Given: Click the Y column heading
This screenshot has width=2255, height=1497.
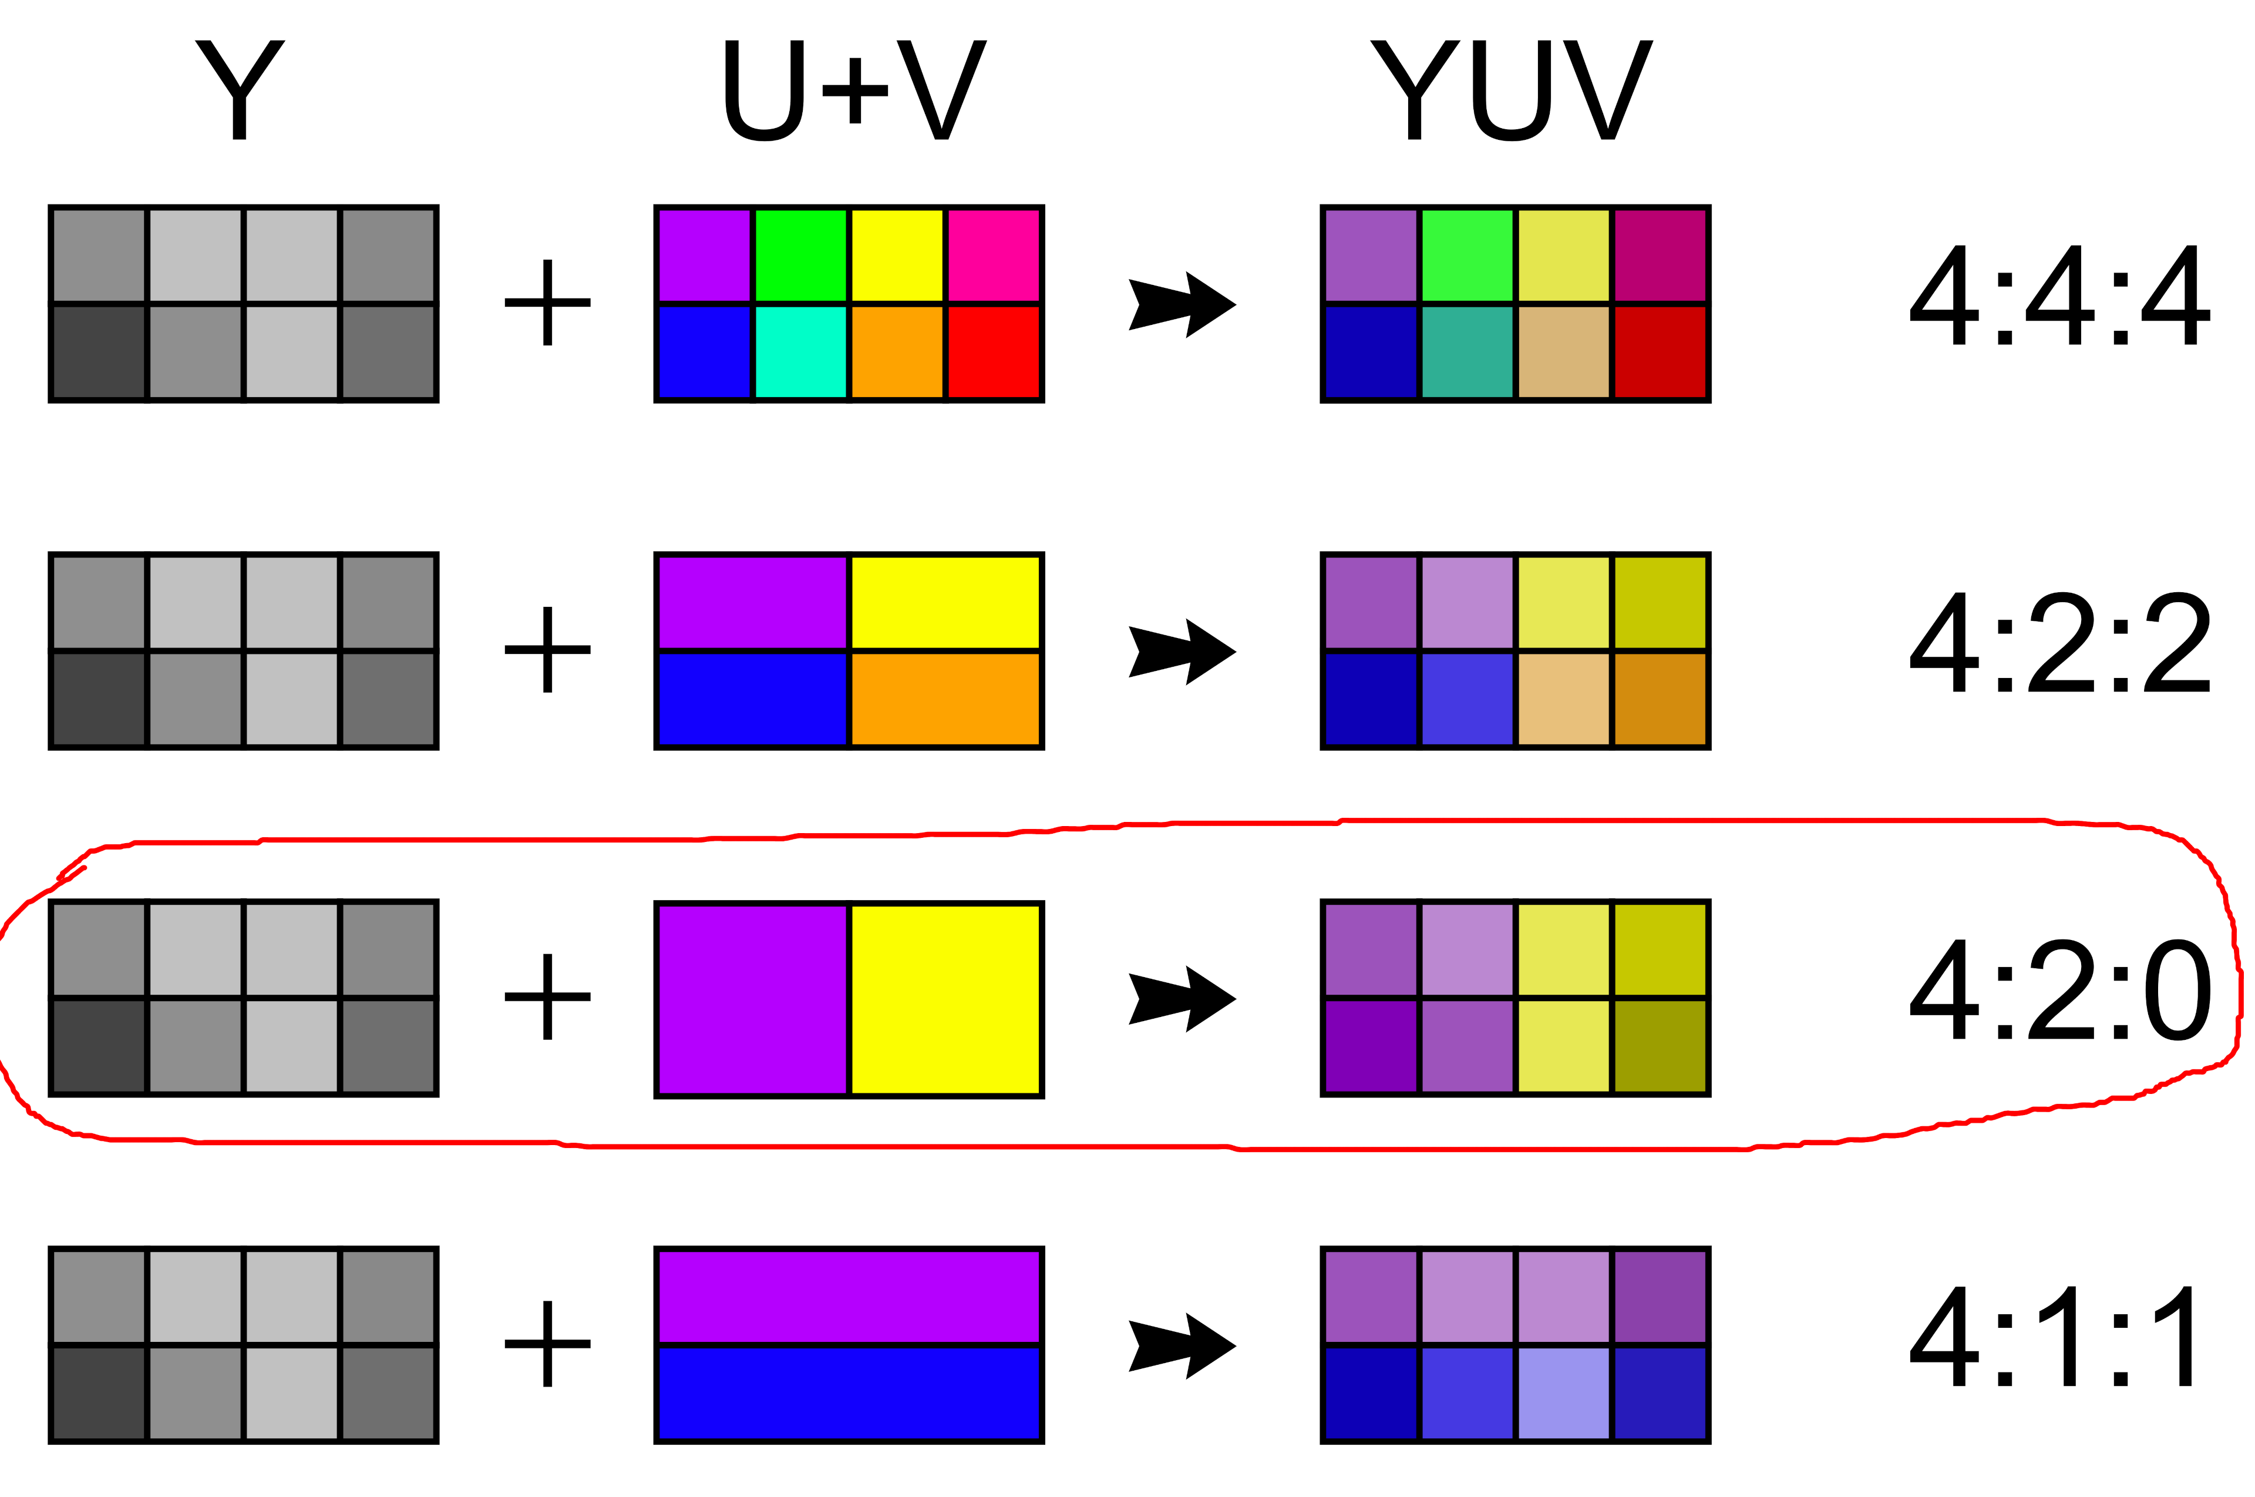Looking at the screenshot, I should click(240, 90).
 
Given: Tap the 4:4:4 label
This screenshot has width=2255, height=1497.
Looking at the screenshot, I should click(2059, 296).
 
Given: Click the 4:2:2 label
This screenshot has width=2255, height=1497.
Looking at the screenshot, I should click(2059, 643).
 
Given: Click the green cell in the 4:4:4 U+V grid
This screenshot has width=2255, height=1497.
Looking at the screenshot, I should click(800, 255).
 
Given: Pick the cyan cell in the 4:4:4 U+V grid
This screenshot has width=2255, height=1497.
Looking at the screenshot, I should click(800, 353).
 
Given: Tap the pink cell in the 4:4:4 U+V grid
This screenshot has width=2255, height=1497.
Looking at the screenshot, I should click(994, 255).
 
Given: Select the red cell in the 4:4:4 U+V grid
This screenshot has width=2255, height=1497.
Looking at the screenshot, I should click(994, 353).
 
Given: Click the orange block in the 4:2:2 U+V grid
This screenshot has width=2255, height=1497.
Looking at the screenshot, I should click(945, 699).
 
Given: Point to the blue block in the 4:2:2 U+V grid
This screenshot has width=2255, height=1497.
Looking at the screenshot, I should click(752, 699).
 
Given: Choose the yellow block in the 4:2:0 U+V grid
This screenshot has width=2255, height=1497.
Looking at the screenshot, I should click(945, 999).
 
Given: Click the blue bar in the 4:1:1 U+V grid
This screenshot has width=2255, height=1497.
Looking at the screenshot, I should click(849, 1393).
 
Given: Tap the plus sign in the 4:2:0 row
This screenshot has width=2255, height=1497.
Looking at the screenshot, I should click(548, 996).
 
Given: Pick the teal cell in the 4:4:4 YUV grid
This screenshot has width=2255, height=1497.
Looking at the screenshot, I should click(1467, 353).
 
